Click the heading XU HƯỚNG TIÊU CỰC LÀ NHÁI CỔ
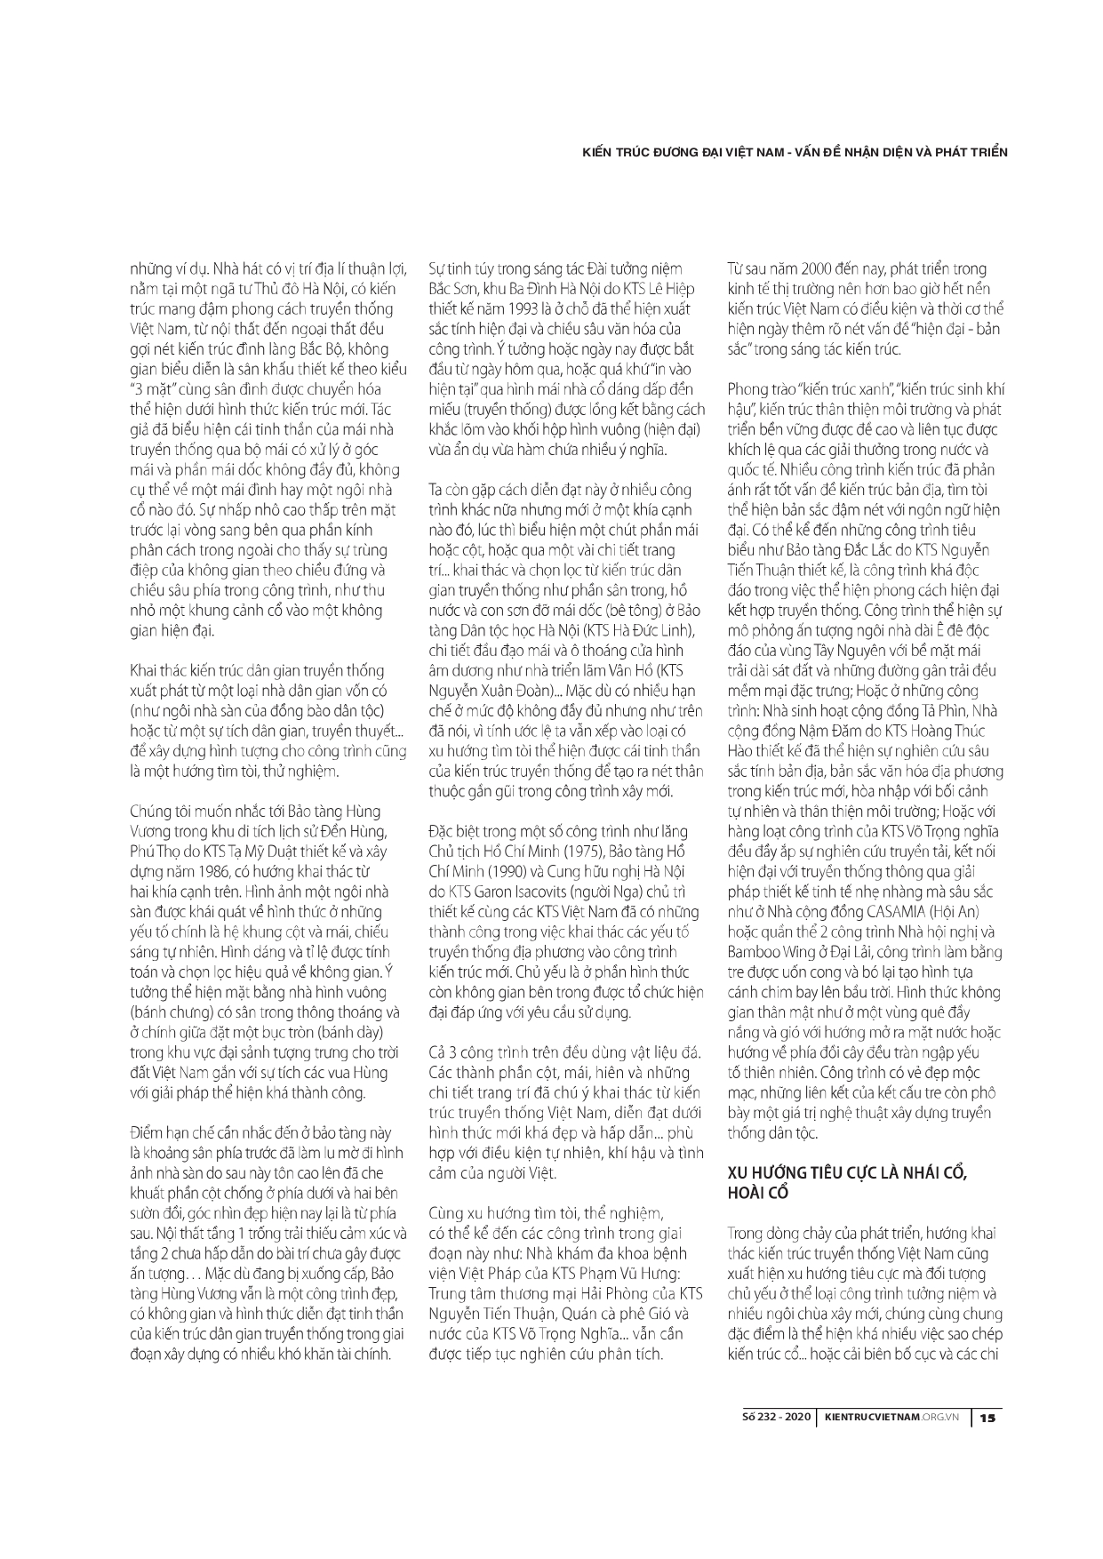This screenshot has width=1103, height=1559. click(x=846, y=1171)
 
